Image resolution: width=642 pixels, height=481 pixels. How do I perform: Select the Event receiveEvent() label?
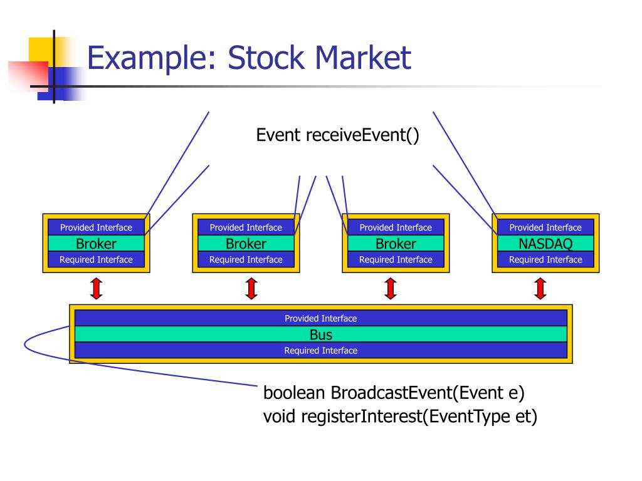click(337, 135)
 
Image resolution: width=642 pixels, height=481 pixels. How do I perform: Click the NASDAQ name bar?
click(545, 244)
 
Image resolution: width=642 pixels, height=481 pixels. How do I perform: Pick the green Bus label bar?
click(321, 334)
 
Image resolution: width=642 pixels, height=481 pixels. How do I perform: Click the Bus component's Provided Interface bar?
click(321, 318)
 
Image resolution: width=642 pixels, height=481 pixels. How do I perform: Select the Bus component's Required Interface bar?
click(321, 350)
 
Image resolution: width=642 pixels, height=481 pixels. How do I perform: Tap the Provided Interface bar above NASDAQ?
click(545, 227)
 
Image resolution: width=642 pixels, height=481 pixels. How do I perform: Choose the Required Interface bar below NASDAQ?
click(545, 259)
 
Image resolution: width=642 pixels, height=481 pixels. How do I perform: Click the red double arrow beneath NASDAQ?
click(540, 288)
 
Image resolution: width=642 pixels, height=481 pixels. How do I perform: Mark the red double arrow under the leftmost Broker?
click(97, 288)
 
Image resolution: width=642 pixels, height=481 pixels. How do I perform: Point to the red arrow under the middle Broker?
click(251, 288)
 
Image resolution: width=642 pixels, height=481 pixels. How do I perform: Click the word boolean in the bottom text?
click(294, 393)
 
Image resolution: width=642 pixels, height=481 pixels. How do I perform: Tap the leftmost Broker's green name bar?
click(96, 244)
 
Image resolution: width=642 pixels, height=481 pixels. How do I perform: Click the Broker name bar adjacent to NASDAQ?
click(396, 244)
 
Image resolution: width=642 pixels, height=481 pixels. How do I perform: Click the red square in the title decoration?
click(29, 76)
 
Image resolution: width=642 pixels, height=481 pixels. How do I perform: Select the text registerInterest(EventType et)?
click(419, 416)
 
